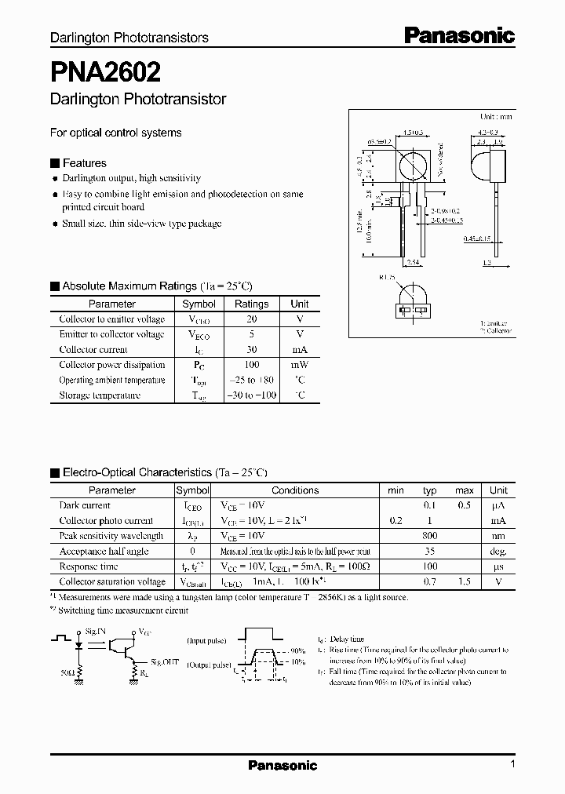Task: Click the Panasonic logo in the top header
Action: coord(459,35)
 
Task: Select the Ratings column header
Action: coord(251,304)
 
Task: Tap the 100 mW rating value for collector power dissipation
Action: coord(251,365)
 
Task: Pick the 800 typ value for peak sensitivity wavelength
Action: coord(430,536)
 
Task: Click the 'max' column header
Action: coord(465,490)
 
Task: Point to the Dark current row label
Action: coord(85,506)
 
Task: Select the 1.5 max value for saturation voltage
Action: coord(465,582)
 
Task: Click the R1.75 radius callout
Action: coord(386,277)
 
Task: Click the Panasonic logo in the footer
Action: coord(282,765)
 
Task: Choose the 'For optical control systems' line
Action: coord(116,133)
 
